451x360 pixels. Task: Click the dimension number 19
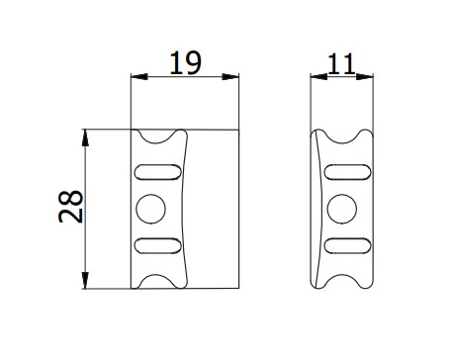pyautogui.click(x=185, y=62)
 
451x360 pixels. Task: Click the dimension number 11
pyautogui.click(x=341, y=63)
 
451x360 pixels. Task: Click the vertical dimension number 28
pyautogui.click(x=70, y=207)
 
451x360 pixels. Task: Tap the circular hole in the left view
pyautogui.click(x=151, y=209)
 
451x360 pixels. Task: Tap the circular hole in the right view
pyautogui.click(x=342, y=209)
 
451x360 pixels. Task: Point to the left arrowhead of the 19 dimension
pyautogui.click(x=139, y=77)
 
